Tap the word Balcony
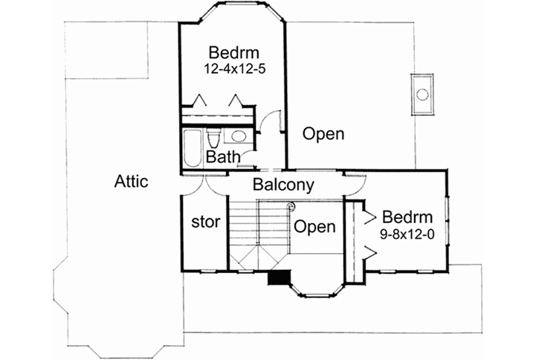coord(283,184)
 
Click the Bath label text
coord(222,157)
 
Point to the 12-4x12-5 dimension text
coord(233,68)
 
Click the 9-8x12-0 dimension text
coord(407,233)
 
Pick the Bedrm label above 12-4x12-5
coord(233,53)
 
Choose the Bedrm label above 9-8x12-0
coord(407,217)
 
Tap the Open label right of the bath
coord(323,135)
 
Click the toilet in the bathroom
coord(213,140)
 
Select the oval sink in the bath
coord(238,137)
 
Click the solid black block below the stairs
coord(279,277)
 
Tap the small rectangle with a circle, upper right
coord(422,94)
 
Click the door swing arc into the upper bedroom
coord(274,120)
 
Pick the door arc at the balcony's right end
coord(355,180)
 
